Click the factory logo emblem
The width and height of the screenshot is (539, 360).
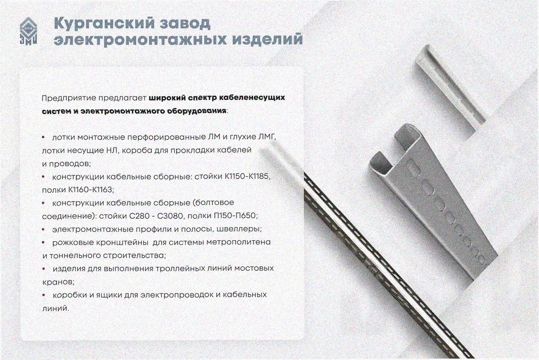click(28, 31)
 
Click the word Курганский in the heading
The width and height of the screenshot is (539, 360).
click(104, 24)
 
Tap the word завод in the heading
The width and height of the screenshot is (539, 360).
click(185, 23)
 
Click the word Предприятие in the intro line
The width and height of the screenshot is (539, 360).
click(69, 98)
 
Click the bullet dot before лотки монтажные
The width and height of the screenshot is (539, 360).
click(43, 137)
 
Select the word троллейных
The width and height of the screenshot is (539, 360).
click(180, 269)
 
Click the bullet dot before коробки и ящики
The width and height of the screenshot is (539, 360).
click(43, 295)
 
